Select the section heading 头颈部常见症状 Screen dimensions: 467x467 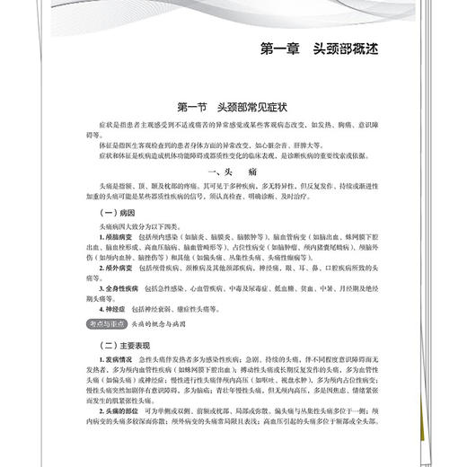pyautogui.click(x=256, y=106)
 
